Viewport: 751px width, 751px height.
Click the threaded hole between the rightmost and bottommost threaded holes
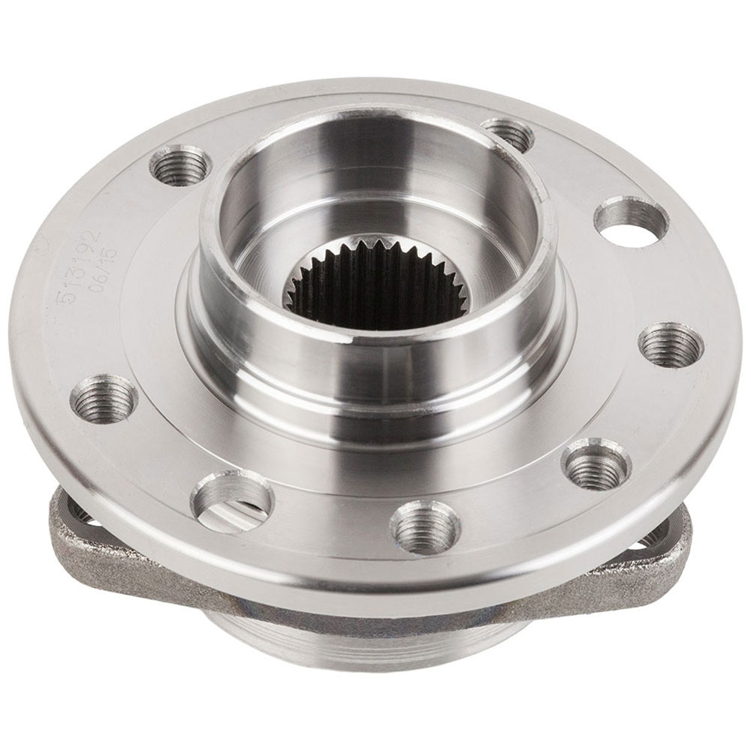(x=596, y=465)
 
